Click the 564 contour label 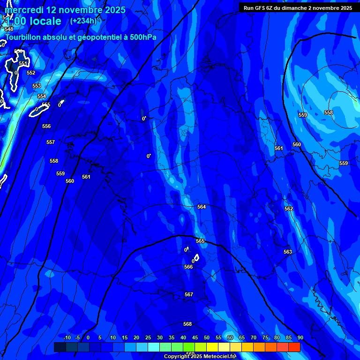click(x=202, y=207)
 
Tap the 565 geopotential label click(x=200, y=241)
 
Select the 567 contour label click(x=188, y=294)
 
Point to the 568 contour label click(x=187, y=324)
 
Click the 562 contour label click(x=289, y=209)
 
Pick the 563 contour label click(x=288, y=252)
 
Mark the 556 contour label click(x=46, y=126)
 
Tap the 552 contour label click(x=31, y=73)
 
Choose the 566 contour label click(x=188, y=267)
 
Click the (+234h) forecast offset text click(x=83, y=21)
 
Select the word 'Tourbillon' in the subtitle click(x=24, y=37)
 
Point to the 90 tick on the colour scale click(x=300, y=338)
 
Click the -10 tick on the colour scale click(x=67, y=338)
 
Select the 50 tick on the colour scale click(x=207, y=338)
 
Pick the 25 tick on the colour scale click(x=148, y=338)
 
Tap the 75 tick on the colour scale click(x=265, y=338)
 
